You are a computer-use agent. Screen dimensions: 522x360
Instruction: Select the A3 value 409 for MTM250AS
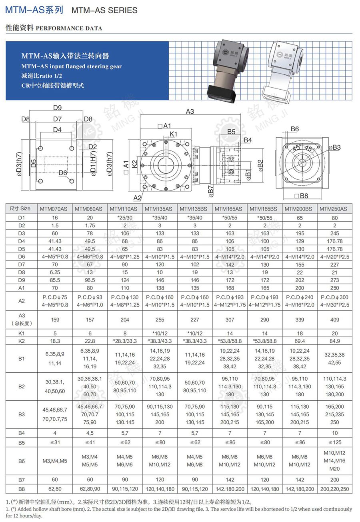click(x=334, y=320)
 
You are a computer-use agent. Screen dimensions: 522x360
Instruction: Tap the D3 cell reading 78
click(x=90, y=233)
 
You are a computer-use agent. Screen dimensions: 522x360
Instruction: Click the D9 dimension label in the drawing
click(x=57, y=107)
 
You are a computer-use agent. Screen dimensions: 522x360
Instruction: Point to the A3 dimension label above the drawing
click(x=190, y=111)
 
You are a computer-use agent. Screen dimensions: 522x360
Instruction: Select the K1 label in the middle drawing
click(x=173, y=134)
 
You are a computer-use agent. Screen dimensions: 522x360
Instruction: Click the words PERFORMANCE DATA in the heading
click(x=69, y=28)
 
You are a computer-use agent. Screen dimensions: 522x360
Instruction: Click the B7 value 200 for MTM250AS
click(x=334, y=480)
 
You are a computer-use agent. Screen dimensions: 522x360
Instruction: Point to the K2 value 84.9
click(x=334, y=341)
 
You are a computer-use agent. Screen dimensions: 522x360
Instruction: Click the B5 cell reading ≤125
click(x=334, y=442)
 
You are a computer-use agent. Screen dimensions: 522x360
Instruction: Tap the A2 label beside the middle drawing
click(x=137, y=197)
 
